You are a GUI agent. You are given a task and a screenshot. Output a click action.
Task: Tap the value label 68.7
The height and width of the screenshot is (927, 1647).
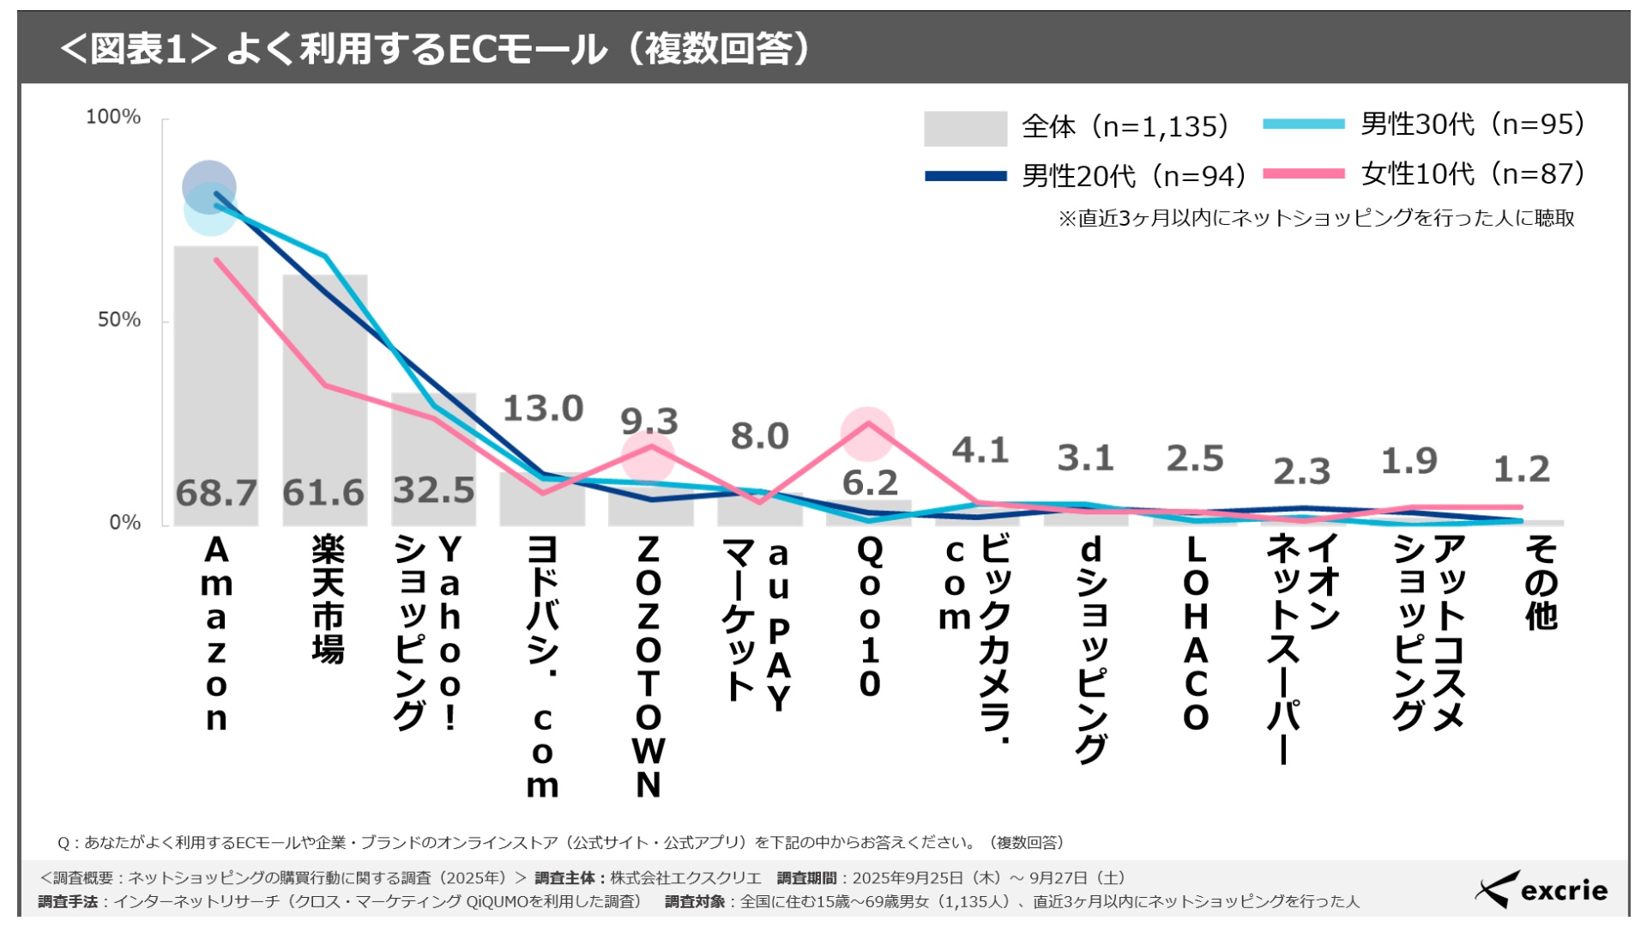(216, 494)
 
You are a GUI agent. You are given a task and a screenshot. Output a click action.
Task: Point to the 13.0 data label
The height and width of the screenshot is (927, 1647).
(543, 409)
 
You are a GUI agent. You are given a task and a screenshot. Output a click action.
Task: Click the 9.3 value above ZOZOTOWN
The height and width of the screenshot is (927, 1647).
(649, 421)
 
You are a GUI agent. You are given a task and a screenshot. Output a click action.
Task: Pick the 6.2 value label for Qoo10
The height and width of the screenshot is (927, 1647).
(870, 483)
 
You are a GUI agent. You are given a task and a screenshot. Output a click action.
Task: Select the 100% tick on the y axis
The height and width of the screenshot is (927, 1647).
(113, 117)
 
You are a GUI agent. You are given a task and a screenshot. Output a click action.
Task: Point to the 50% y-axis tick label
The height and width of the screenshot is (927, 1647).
(119, 320)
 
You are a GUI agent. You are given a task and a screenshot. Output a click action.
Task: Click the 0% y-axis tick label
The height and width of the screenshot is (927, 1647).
(125, 523)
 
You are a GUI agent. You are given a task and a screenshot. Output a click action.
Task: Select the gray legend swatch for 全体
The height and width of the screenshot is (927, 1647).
(965, 128)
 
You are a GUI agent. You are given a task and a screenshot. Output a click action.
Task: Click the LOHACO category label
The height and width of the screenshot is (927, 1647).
(1196, 633)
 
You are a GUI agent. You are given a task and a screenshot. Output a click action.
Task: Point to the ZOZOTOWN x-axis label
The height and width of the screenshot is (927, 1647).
(649, 666)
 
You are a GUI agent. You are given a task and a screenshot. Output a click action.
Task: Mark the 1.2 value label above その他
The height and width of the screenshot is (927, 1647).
(1522, 470)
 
